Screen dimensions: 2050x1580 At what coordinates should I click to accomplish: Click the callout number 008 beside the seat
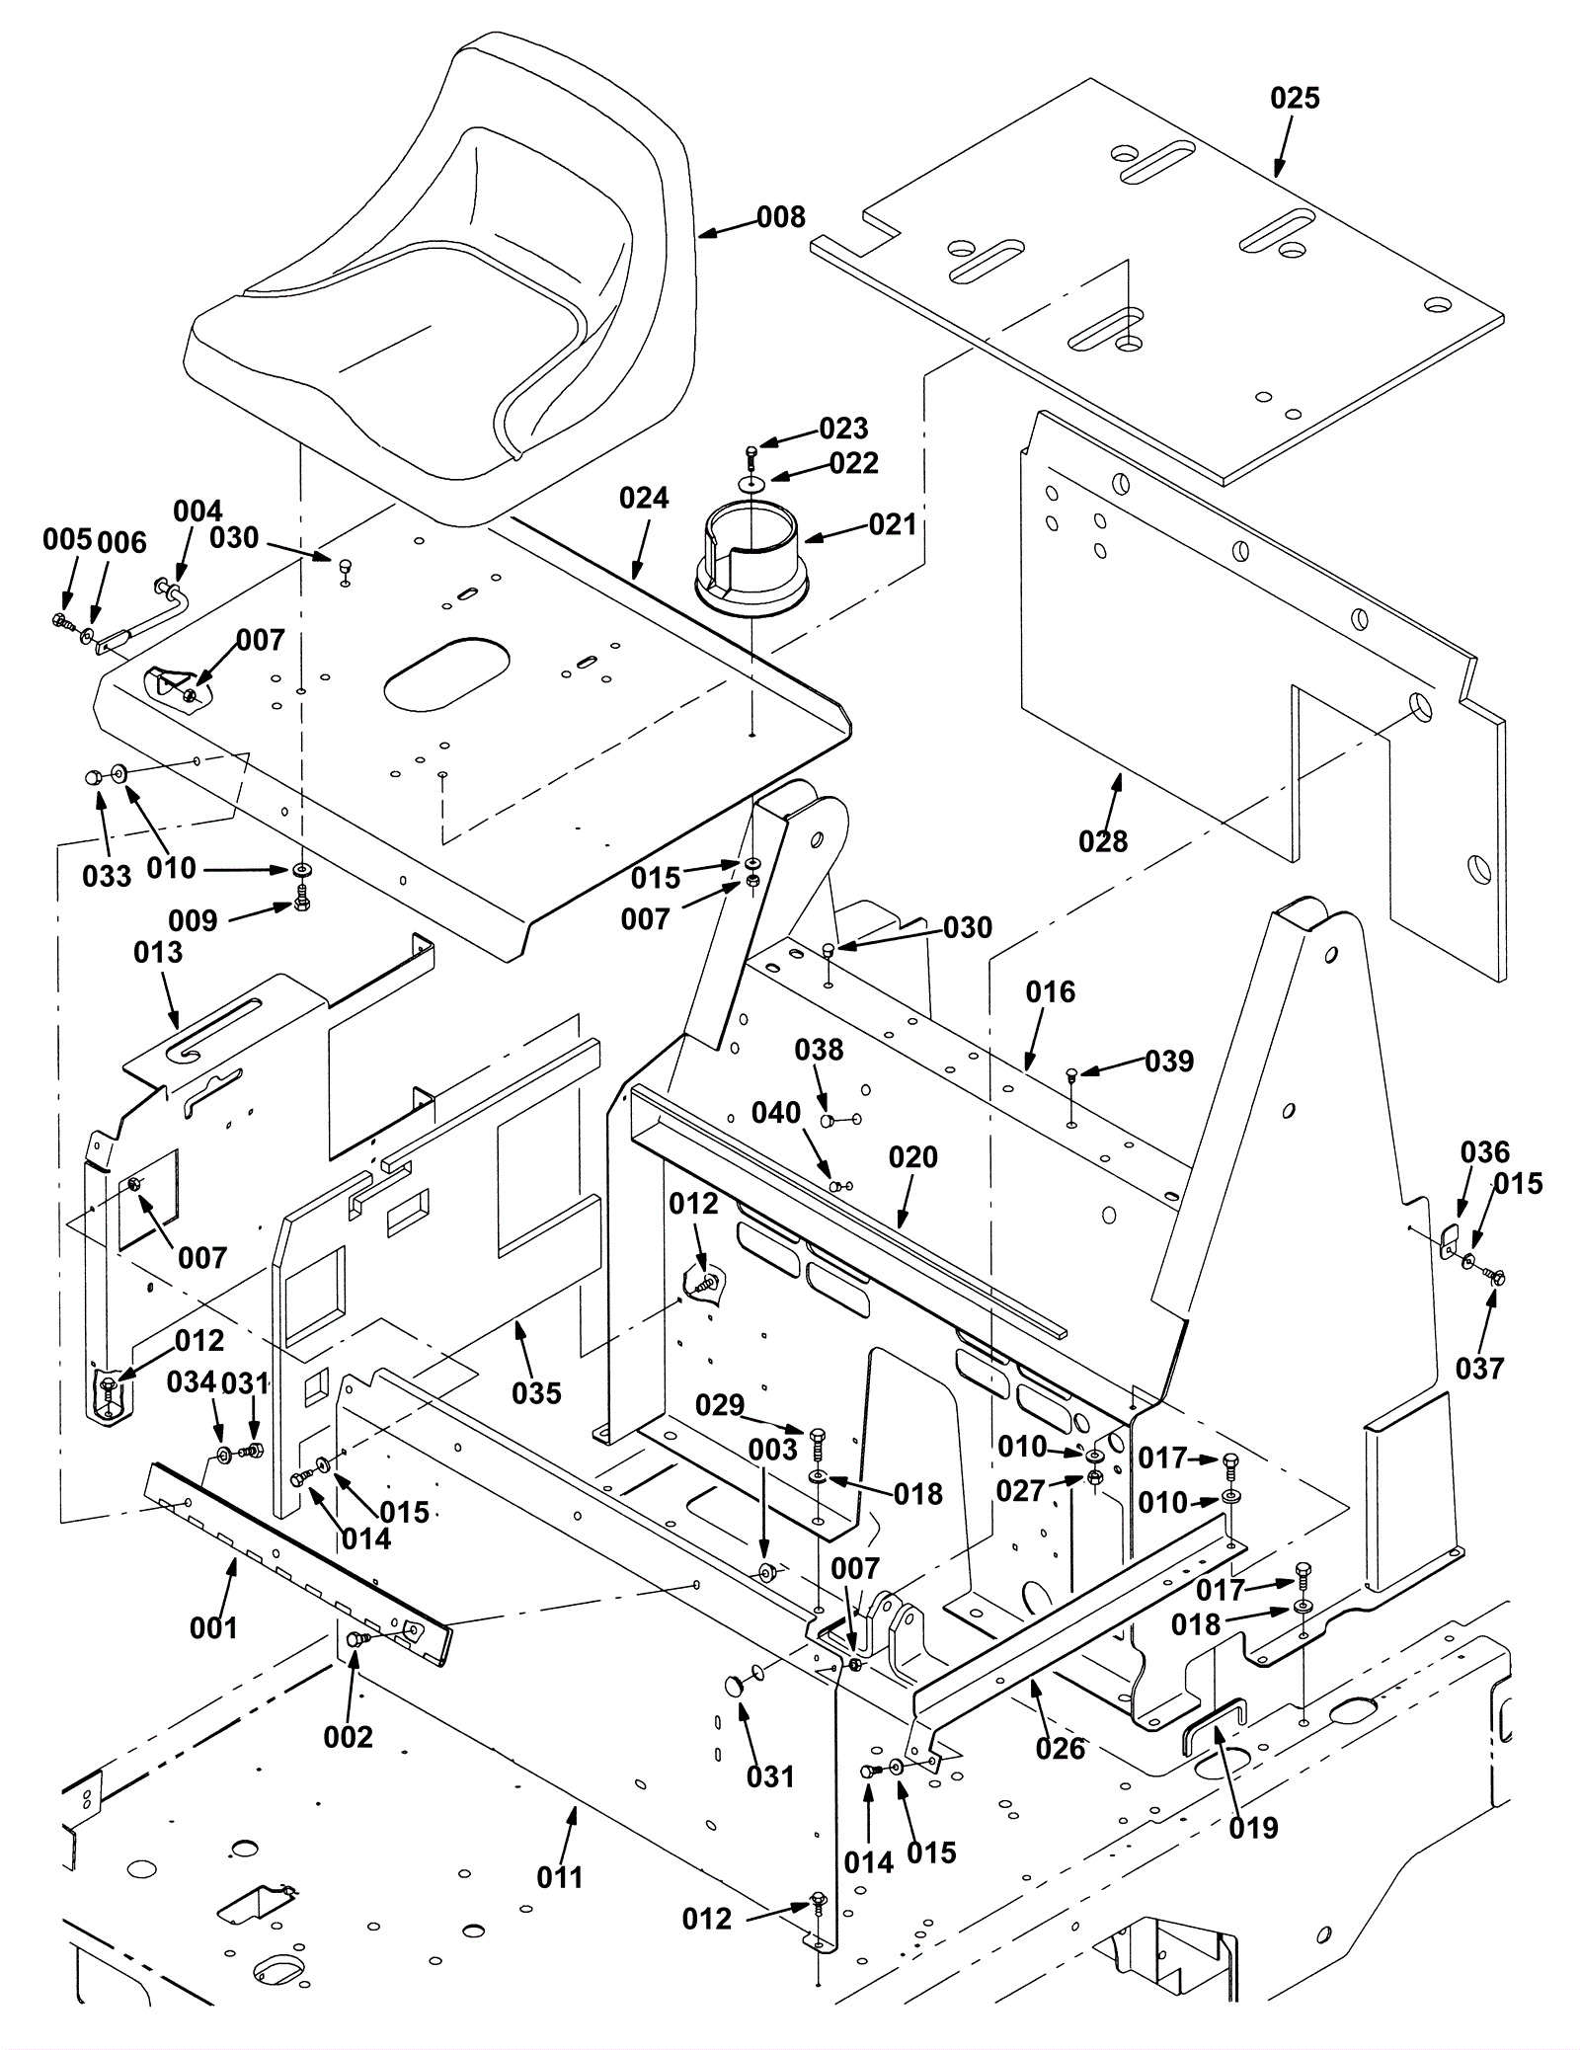pos(781,217)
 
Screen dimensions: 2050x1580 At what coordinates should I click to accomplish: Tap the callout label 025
pos(1295,98)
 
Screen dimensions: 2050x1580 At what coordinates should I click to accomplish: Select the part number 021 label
pos(893,524)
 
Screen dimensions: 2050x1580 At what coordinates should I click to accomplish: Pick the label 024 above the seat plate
pos(644,498)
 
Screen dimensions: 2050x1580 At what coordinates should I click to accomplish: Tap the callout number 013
pos(158,952)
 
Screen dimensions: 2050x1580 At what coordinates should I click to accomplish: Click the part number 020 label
pos(912,1156)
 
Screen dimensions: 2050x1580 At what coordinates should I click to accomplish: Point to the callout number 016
pos(1050,991)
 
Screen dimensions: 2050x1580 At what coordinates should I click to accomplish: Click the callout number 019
pos(1253,1828)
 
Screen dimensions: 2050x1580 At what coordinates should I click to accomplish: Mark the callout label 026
pos(1061,1749)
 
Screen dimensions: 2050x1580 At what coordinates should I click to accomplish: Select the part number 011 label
pos(560,1876)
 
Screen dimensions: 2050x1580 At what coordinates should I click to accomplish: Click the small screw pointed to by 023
pos(751,454)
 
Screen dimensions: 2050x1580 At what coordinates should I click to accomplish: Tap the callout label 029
pos(719,1404)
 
